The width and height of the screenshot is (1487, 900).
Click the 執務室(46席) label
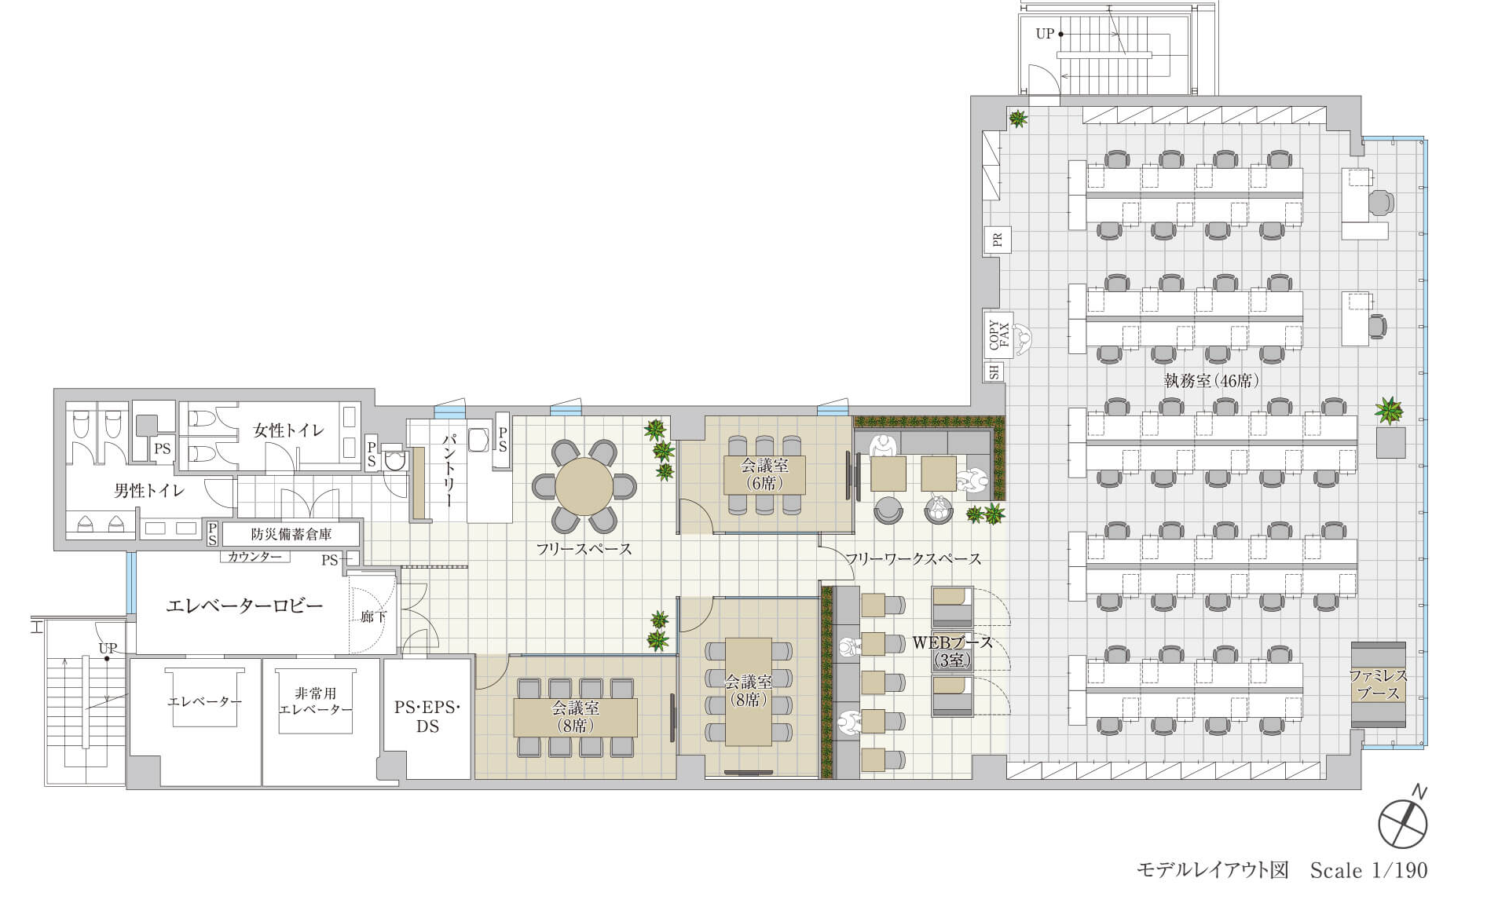tap(1211, 381)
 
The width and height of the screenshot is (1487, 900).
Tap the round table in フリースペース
tap(584, 486)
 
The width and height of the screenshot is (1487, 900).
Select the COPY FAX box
tap(998, 335)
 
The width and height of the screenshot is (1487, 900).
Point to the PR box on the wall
tap(998, 240)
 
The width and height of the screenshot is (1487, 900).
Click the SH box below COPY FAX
tap(994, 371)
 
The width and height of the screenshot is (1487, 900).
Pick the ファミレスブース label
tap(1378, 684)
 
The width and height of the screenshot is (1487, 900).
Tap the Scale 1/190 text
tap(1368, 870)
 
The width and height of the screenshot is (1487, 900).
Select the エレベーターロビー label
tap(244, 605)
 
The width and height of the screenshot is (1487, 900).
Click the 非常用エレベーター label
tap(316, 701)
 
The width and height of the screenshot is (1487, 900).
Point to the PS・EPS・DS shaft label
tap(427, 716)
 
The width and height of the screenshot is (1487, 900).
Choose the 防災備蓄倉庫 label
tap(291, 534)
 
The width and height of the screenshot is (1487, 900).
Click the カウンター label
tap(255, 557)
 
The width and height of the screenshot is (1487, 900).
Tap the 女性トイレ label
tap(288, 430)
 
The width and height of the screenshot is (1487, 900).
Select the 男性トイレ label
tap(149, 491)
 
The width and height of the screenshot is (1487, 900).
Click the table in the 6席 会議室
tap(764, 474)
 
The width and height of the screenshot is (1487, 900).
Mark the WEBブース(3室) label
tap(952, 651)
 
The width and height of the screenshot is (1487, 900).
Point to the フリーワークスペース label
tap(913, 559)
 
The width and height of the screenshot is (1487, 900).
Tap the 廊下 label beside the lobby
tap(374, 617)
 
